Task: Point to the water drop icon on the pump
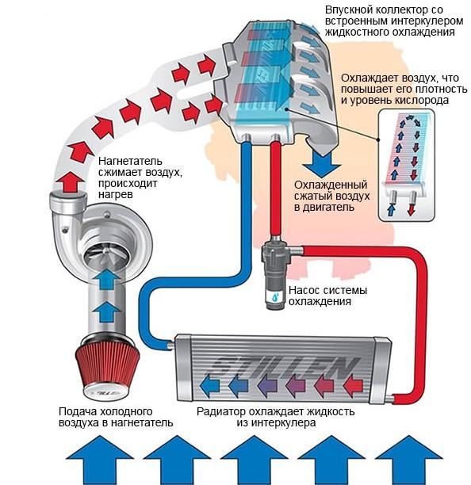(x=275, y=297)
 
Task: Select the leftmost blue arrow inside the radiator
(x=210, y=386)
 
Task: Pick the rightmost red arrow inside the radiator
(x=353, y=386)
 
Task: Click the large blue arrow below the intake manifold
(x=322, y=163)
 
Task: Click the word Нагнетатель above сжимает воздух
(x=130, y=161)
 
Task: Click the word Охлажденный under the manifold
(x=331, y=185)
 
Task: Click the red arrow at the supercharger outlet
(x=71, y=182)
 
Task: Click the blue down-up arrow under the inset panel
(x=392, y=210)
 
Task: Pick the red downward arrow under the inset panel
(x=411, y=210)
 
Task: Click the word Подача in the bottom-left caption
(x=78, y=411)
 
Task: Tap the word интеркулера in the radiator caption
(x=277, y=423)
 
